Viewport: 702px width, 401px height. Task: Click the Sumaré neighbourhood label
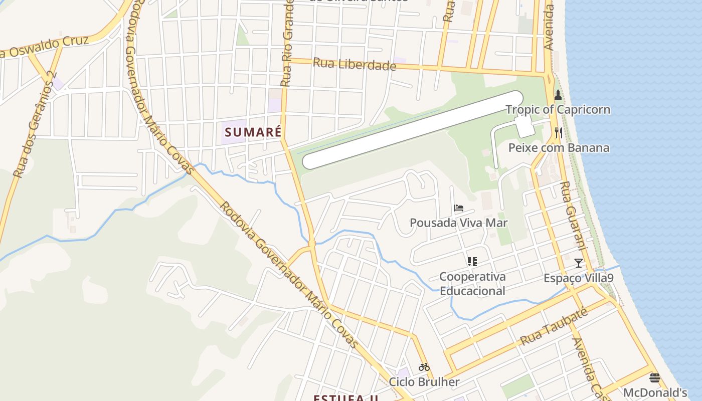point(253,132)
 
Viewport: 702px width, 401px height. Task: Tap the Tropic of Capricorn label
point(558,110)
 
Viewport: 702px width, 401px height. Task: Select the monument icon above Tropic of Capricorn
point(558,95)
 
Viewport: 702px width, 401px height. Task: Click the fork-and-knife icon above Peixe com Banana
point(559,133)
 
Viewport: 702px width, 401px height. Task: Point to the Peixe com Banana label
point(559,148)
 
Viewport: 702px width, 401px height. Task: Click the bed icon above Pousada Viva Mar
point(458,208)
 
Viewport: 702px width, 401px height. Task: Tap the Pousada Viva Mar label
point(458,223)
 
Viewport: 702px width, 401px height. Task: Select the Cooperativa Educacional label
point(472,284)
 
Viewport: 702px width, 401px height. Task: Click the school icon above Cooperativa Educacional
point(472,261)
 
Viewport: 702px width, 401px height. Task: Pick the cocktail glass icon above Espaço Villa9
point(579,263)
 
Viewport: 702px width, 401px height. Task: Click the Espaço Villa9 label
point(579,278)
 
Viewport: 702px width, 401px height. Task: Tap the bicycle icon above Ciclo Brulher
point(424,367)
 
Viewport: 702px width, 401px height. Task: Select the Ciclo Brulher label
point(424,382)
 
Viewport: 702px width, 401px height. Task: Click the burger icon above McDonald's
point(655,377)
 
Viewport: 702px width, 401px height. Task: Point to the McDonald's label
point(655,392)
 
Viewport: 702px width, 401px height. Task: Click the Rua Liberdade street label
point(355,65)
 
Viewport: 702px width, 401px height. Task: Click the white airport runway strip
point(412,130)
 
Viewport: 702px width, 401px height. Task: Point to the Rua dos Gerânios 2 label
point(34,125)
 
